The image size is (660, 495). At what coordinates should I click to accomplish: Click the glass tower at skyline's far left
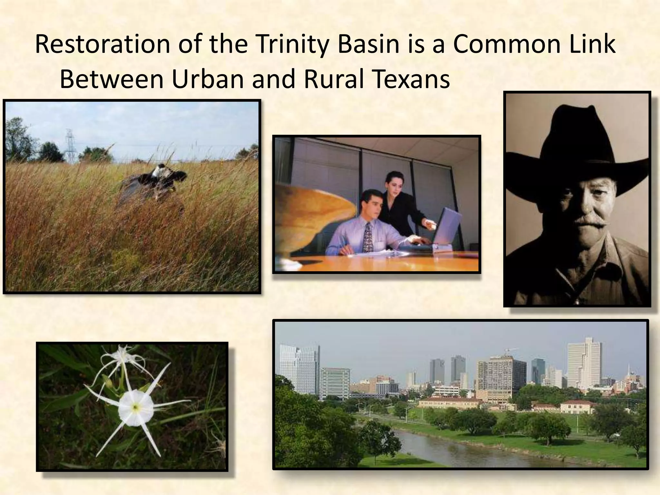[x=299, y=369]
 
